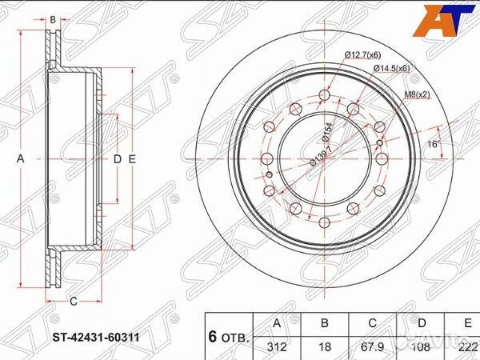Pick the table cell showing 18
(323, 346)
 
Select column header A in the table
(277, 325)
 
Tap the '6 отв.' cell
(230, 335)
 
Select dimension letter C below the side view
(73, 302)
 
